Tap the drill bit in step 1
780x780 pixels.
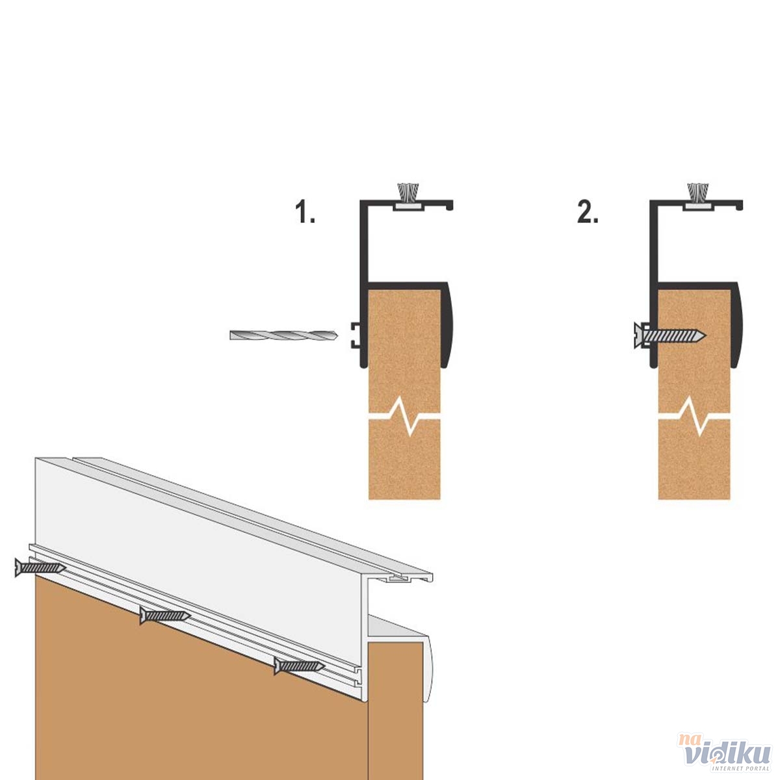pyautogui.click(x=284, y=335)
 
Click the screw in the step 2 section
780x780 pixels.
pyautogui.click(x=669, y=335)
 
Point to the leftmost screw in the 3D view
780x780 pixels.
pyautogui.click(x=40, y=567)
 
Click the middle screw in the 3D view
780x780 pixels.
pyautogui.click(x=164, y=616)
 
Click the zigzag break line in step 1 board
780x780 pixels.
pyautogui.click(x=404, y=416)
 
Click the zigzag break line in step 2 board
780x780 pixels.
pyautogui.click(x=694, y=416)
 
